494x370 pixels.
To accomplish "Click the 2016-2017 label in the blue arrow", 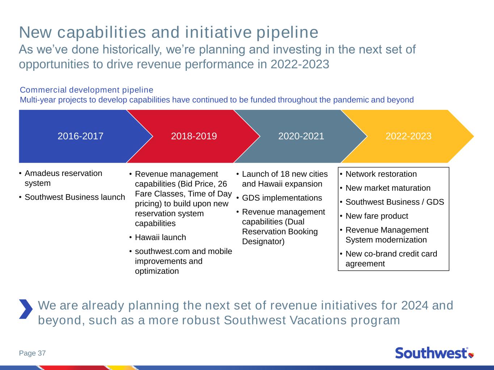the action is (x=80, y=136).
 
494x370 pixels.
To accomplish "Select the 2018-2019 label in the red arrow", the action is (x=194, y=136).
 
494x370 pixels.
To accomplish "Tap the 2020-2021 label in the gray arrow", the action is (x=301, y=136).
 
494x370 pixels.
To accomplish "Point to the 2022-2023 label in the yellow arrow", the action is (x=409, y=136).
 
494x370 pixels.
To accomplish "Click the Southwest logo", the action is (x=434, y=353).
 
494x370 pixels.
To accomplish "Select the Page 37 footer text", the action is (x=32, y=353).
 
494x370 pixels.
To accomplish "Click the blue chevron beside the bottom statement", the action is (x=26, y=309).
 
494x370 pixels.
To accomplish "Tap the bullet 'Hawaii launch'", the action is (x=160, y=237).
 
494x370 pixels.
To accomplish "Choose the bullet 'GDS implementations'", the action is (x=282, y=198).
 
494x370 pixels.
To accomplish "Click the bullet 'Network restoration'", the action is (x=381, y=174).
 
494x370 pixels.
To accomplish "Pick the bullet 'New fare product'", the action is (x=377, y=216).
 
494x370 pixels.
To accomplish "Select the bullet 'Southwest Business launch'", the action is (x=75, y=197).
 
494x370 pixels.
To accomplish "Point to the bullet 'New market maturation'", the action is (x=388, y=188).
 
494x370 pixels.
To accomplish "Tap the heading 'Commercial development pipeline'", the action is (x=86, y=90).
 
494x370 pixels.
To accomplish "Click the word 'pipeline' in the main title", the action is (x=287, y=33).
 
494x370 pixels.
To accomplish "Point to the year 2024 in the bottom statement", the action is (x=414, y=306).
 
